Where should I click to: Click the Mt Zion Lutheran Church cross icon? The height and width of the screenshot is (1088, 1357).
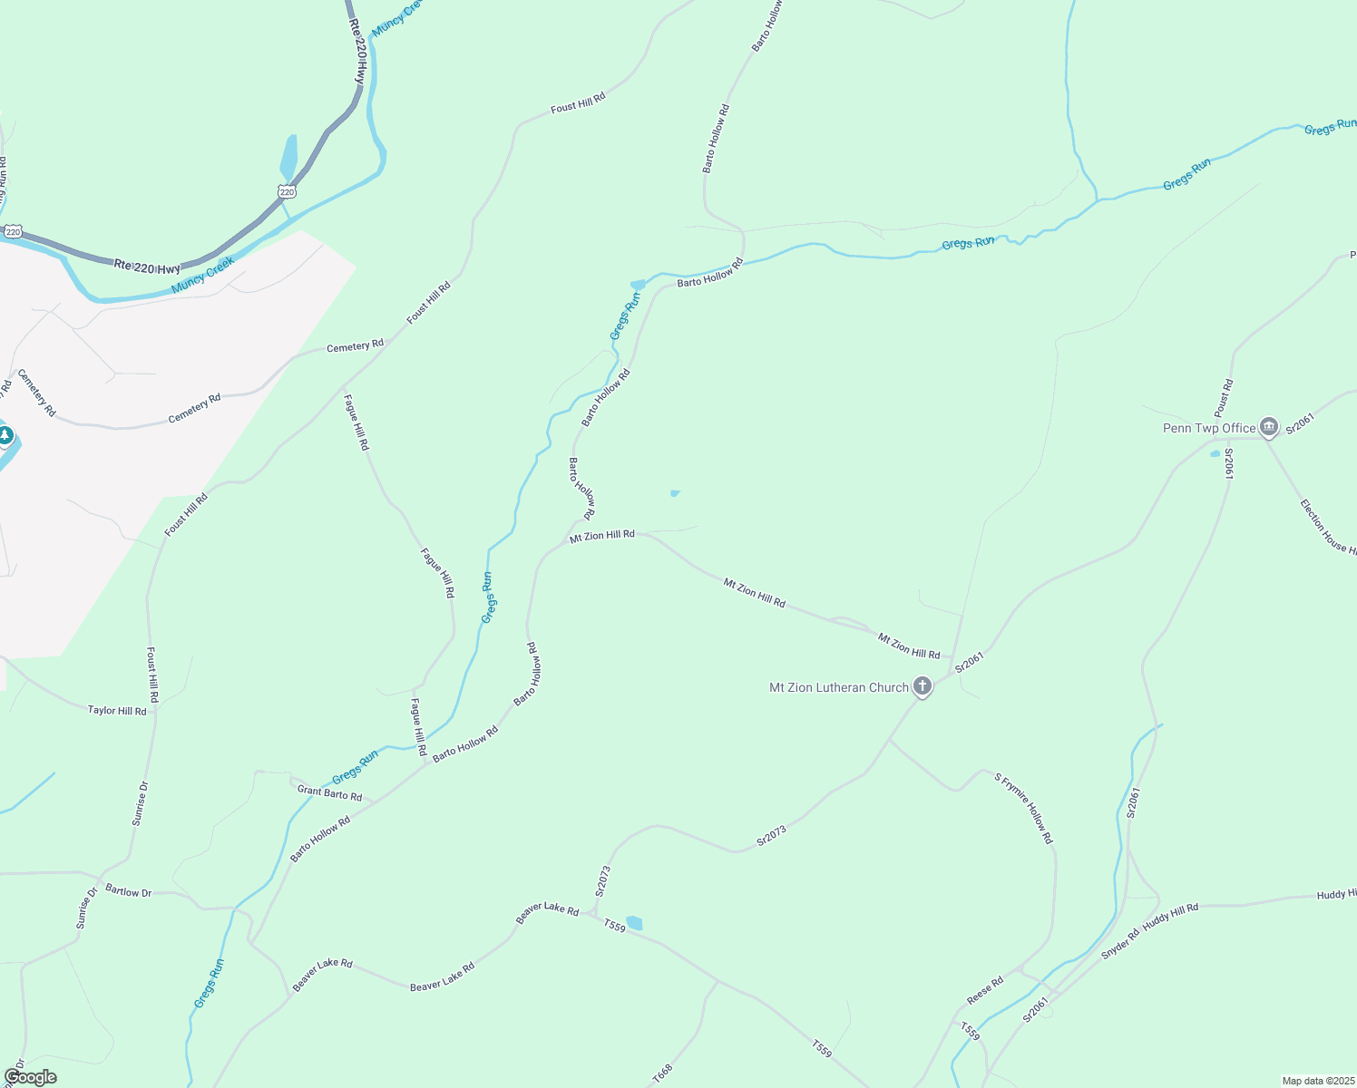point(923,686)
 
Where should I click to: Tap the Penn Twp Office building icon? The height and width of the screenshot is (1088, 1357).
point(1269,426)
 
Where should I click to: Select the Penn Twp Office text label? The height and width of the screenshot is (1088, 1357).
point(1209,428)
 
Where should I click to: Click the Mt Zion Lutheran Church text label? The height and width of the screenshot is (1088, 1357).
point(839,687)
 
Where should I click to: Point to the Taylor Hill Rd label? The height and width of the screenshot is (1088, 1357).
point(117,711)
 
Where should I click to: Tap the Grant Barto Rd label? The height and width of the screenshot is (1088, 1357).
point(329,793)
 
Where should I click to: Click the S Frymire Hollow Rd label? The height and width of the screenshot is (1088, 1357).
point(1024,808)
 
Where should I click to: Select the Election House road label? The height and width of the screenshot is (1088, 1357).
point(1327,527)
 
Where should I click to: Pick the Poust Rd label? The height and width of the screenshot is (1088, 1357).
point(1224,397)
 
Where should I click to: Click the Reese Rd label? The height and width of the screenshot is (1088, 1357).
point(985,989)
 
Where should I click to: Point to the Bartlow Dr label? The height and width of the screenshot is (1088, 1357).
point(129,891)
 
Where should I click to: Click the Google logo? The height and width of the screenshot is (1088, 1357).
point(30,1077)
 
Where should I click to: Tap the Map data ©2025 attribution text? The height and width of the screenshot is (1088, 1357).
point(1317,1081)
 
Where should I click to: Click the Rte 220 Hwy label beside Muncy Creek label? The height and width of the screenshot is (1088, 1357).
point(147,267)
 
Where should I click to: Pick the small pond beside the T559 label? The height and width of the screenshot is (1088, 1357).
point(634,923)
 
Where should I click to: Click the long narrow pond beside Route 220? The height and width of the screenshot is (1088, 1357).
point(288,158)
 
